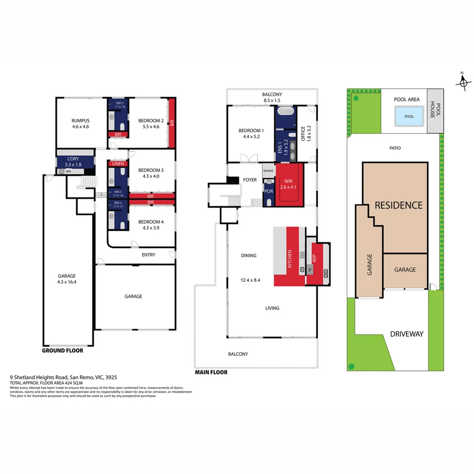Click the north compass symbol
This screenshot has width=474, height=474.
coord(463,82)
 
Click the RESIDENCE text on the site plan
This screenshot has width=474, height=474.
coord(399,205)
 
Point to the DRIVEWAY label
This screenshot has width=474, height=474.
coord(406,334)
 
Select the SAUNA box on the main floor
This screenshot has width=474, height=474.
coord(268,170)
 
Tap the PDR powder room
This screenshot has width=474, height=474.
coord(268,191)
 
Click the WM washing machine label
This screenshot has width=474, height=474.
coord(68,172)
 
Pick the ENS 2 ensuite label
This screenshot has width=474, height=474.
coord(119,104)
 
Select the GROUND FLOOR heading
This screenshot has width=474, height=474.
coord(62,351)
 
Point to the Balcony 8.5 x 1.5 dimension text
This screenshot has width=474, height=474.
coord(272,101)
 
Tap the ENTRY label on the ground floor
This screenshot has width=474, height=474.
coord(148,255)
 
